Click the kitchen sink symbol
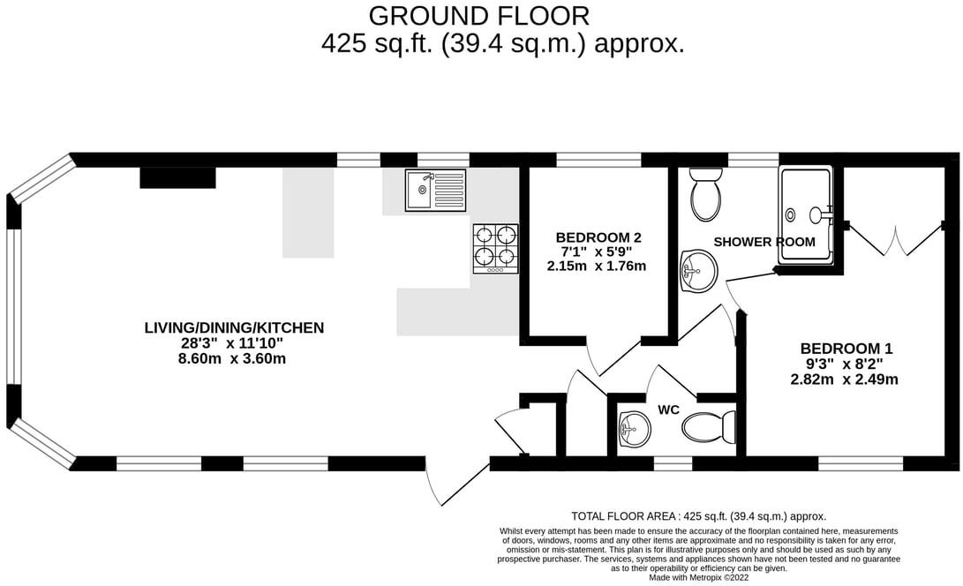click(435, 191)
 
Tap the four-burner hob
click(495, 246)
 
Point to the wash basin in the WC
click(634, 430)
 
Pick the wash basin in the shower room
click(697, 270)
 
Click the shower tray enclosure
click(805, 214)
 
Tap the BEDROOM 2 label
click(598, 237)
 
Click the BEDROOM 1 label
click(839, 349)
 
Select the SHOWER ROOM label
click(764, 242)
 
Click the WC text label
click(667, 409)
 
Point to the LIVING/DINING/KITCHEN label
click(234, 328)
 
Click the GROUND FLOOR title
click(478, 16)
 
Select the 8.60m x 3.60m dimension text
click(234, 359)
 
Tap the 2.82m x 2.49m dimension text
click(844, 379)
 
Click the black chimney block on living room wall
click(177, 177)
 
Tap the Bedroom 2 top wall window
click(598, 160)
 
